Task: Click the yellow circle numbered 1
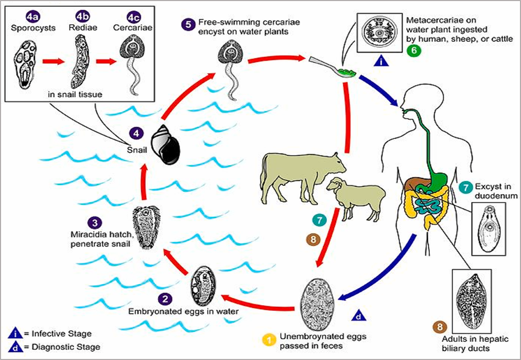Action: tap(268, 339)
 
